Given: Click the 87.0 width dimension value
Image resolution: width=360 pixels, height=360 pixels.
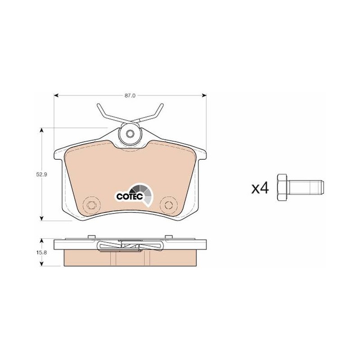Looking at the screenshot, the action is pyautogui.click(x=130, y=95).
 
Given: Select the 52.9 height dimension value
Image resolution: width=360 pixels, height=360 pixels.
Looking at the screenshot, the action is pyautogui.click(x=41, y=175).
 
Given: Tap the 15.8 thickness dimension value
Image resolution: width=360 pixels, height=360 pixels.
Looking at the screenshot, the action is pyautogui.click(x=41, y=252).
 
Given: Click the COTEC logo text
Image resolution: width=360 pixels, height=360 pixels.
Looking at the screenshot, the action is pyautogui.click(x=130, y=196).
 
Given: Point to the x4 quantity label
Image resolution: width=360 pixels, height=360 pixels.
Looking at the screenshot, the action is pyautogui.click(x=260, y=188).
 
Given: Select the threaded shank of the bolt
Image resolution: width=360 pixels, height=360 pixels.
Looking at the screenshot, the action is pyautogui.click(x=306, y=188).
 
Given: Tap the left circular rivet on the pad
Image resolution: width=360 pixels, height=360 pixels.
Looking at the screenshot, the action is pyautogui.click(x=92, y=205).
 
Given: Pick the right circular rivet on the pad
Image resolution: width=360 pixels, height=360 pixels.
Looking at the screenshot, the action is pyautogui.click(x=169, y=205).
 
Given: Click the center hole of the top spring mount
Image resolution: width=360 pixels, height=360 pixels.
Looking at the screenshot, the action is pyautogui.click(x=130, y=133).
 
